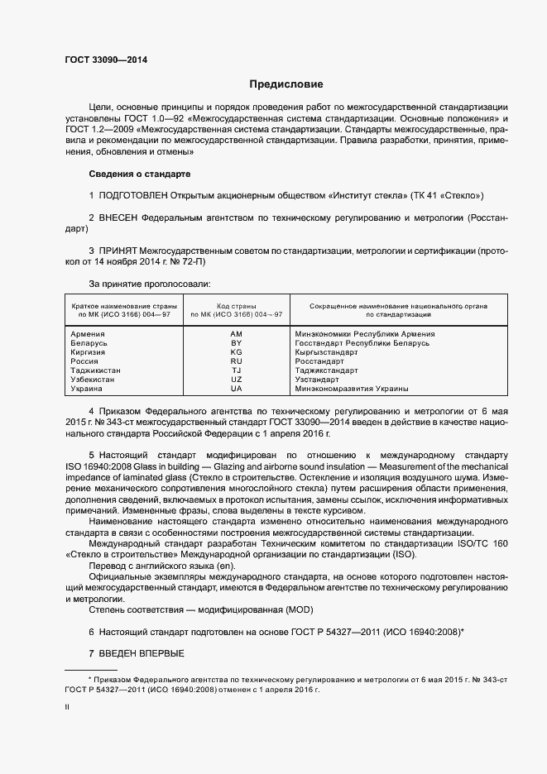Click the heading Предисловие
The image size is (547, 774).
point(286,84)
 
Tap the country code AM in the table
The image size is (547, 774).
point(237,334)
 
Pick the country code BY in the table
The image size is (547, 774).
point(237,343)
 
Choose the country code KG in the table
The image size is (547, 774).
point(237,352)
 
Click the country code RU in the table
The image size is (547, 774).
point(237,361)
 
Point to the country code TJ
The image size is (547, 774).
point(237,370)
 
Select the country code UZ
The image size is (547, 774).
point(237,380)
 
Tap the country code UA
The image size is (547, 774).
point(237,389)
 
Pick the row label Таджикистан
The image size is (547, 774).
point(97,370)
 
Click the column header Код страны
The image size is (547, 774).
point(237,306)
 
